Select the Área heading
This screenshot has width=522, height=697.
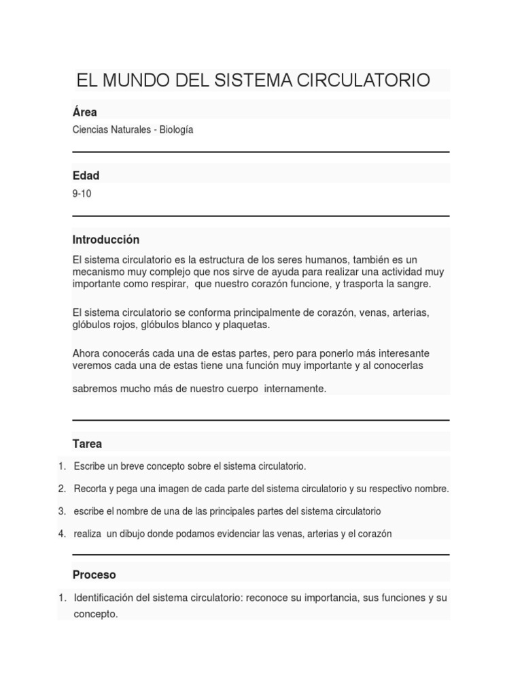tap(85, 112)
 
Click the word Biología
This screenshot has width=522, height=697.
tap(176, 129)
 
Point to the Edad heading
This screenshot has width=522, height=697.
tap(86, 176)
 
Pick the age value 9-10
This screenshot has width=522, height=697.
tap(82, 193)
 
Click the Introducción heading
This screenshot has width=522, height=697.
tap(106, 240)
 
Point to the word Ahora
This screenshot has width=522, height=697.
tap(86, 353)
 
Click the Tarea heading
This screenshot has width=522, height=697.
tap(88, 444)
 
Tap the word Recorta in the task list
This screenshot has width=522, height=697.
tap(90, 489)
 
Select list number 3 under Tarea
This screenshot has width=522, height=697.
tap(62, 510)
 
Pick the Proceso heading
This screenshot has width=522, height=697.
tap(94, 574)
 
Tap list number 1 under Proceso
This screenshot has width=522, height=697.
tap(62, 598)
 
